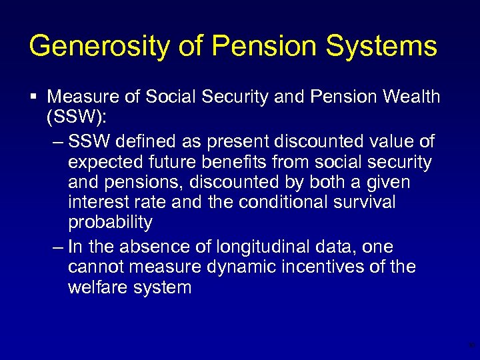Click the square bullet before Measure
pyautogui.click(x=33, y=97)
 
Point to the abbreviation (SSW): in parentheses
pyautogui.click(x=76, y=118)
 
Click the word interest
pyautogui.click(x=97, y=202)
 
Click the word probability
pyautogui.click(x=110, y=223)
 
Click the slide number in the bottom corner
pyautogui.click(x=471, y=345)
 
